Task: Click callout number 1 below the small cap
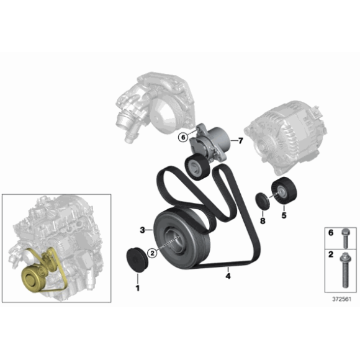[x=137, y=287]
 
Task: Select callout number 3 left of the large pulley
[x=142, y=230]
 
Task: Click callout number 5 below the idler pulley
[x=284, y=216]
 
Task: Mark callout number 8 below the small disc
[x=262, y=220]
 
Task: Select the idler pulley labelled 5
[x=284, y=191]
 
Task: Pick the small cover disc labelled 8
[x=263, y=201]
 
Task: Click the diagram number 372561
[x=341, y=299]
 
